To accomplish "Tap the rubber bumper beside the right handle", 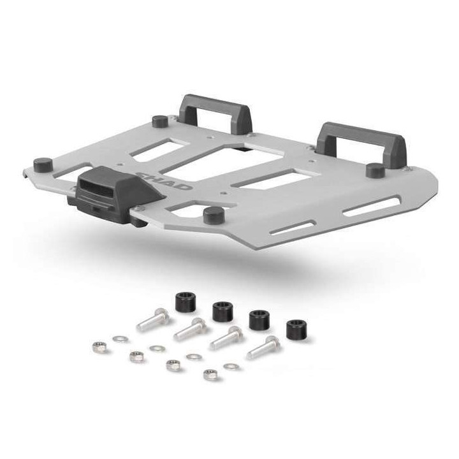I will (x=375, y=170).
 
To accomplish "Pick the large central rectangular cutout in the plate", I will (x=217, y=164).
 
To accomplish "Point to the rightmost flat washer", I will (x=233, y=367).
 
